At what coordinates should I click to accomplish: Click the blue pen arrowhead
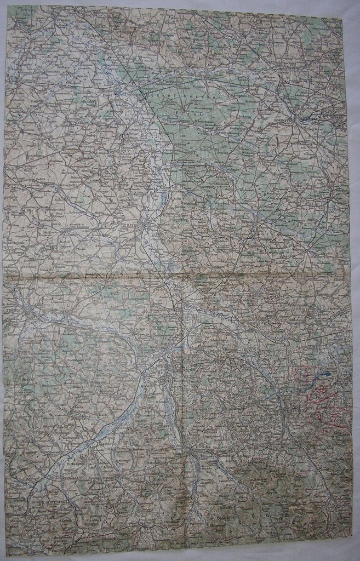[x=327, y=374]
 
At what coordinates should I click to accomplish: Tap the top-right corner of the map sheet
[x=342, y=18]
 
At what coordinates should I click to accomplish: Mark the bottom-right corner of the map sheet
[x=352, y=550]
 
